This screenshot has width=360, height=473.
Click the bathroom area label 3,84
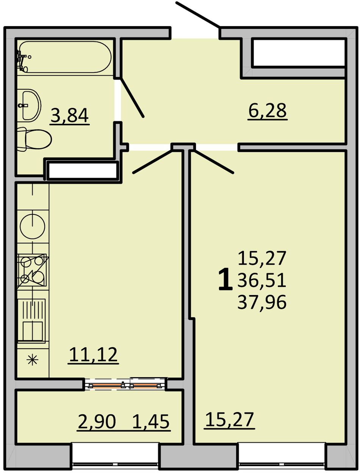point(69,116)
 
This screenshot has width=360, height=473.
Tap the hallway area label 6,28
point(268,111)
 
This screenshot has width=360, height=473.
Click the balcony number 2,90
point(97,422)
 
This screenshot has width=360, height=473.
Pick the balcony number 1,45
point(151,422)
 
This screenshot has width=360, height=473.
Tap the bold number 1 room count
point(225,279)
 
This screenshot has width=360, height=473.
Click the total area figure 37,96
point(262,302)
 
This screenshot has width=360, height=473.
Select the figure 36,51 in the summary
point(262,280)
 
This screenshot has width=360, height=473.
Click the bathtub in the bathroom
point(65,57)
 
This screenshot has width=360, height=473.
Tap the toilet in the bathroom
point(34,139)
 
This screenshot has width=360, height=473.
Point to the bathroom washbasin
point(29,105)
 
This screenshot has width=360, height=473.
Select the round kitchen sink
point(32,226)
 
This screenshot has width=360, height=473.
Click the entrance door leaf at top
point(198,15)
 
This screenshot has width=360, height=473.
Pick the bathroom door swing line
point(132,98)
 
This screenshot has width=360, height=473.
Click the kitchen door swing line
point(153,161)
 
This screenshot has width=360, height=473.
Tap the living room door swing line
point(213,161)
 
